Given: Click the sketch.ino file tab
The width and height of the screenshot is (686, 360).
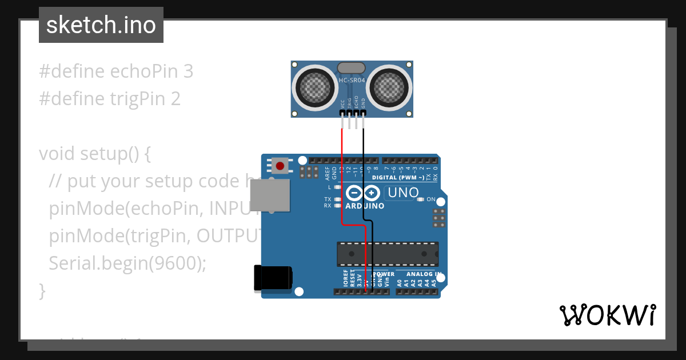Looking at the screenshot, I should tap(101, 25).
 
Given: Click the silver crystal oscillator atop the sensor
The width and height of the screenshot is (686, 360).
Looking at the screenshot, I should tap(351, 68).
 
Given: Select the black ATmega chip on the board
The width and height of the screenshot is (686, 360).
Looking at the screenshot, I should tap(388, 254).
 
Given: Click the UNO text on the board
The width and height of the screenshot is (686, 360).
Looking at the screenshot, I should tap(404, 193).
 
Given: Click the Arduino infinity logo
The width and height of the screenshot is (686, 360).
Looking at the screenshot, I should tap(365, 194).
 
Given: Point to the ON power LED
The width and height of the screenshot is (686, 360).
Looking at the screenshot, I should tap(421, 199).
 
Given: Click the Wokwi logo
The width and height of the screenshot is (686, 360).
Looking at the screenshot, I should tap(608, 315).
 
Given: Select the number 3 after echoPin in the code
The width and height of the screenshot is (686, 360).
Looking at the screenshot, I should tap(188, 71).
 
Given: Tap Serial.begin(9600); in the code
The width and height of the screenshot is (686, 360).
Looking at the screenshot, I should tap(127, 263).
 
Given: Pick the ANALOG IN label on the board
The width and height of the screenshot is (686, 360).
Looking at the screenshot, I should tap(423, 274).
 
